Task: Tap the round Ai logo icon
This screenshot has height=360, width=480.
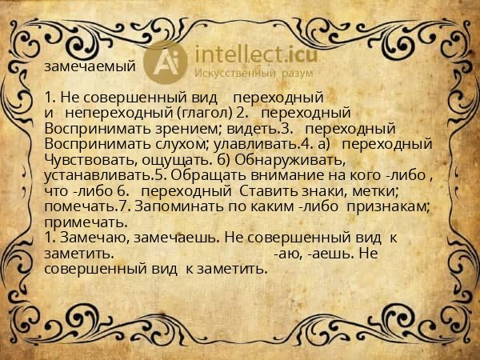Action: (x=165, y=61)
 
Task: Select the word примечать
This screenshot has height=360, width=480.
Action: (x=82, y=221)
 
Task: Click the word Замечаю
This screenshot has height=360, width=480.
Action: (x=90, y=238)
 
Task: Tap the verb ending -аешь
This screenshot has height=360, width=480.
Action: (x=323, y=253)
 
